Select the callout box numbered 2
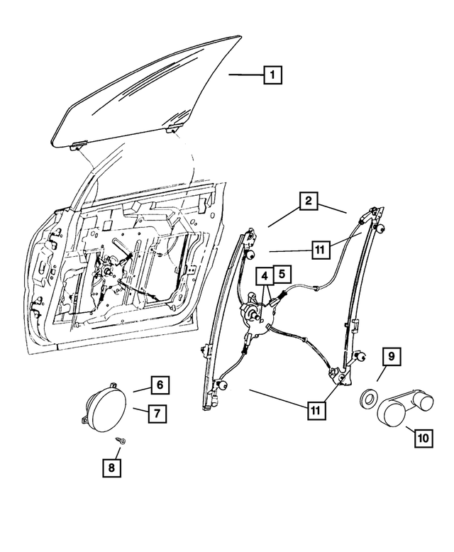click(307, 202)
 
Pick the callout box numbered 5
click(281, 272)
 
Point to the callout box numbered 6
click(160, 385)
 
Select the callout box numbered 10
click(423, 438)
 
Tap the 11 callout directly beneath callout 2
click(320, 249)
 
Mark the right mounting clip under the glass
click(172, 129)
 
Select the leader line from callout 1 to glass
click(246, 74)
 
